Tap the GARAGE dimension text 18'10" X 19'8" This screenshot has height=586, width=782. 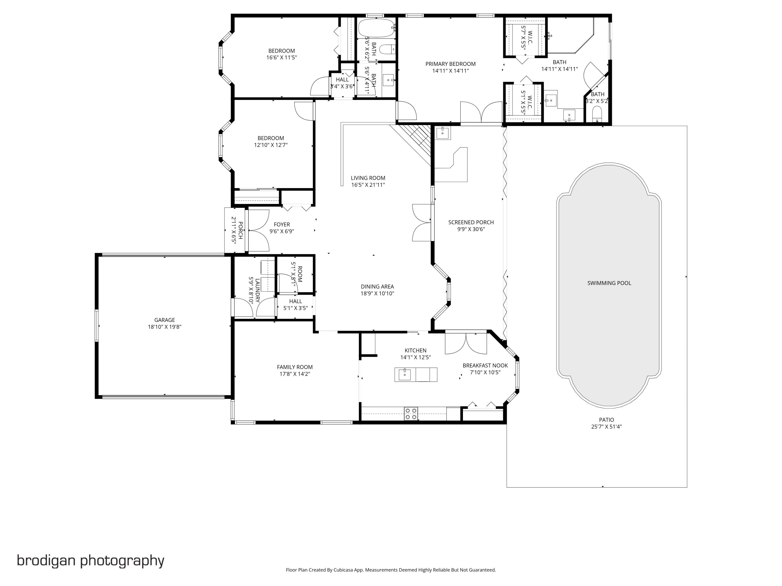[164, 327]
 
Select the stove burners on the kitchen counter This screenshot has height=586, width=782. [411, 413]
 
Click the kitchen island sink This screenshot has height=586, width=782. [405, 375]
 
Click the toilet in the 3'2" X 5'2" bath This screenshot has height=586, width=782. [597, 114]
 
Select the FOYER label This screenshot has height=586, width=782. [282, 224]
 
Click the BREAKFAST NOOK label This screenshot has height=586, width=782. [485, 366]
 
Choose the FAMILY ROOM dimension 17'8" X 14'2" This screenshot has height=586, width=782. [295, 374]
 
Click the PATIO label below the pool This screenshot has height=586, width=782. [606, 420]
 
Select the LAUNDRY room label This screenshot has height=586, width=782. [257, 290]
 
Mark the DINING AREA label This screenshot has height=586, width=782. [377, 286]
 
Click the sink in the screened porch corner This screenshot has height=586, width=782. [442, 133]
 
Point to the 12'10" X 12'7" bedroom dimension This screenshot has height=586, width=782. [271, 145]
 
